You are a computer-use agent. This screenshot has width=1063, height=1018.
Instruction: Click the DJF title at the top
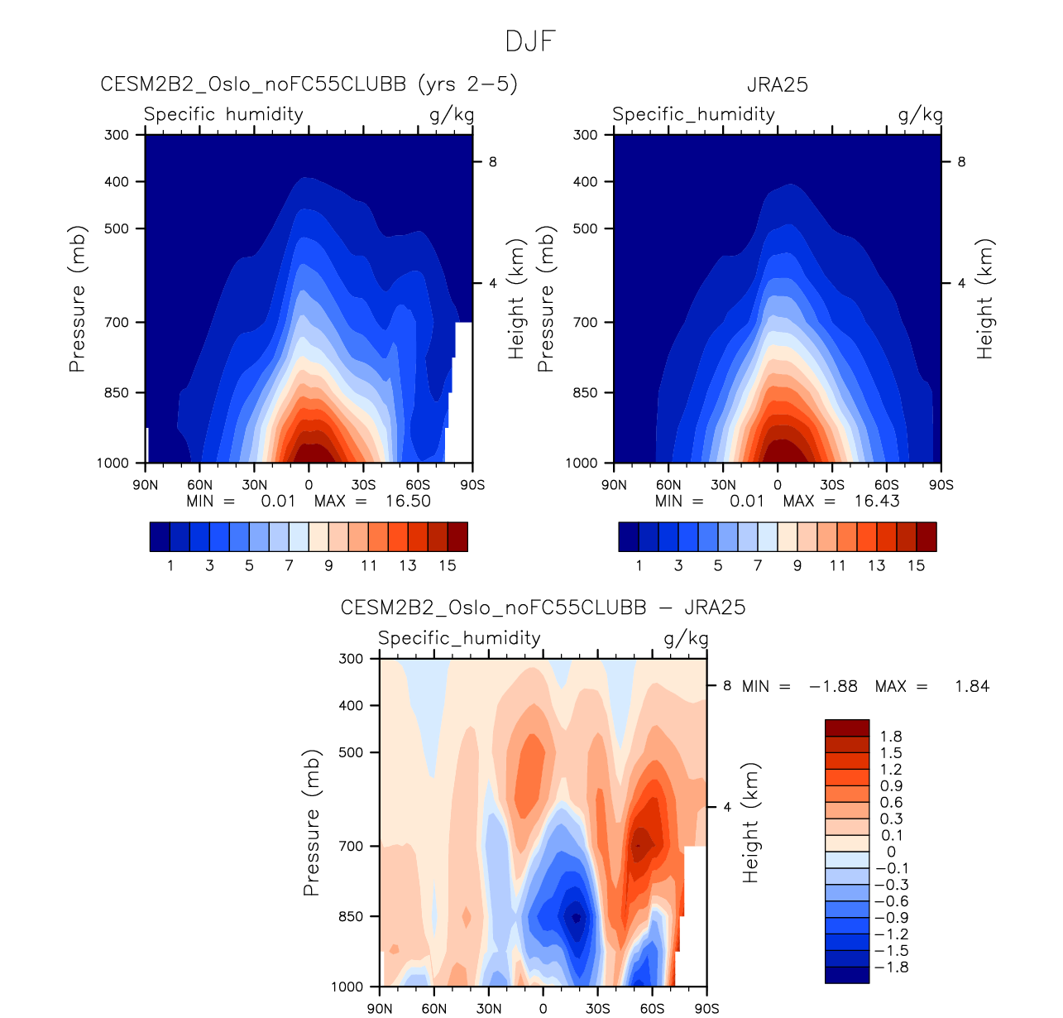[530, 41]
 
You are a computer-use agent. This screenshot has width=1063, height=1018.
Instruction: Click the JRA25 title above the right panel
[777, 84]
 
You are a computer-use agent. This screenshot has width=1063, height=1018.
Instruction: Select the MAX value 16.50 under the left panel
[408, 501]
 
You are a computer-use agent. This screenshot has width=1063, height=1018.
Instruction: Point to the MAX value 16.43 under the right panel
[877, 501]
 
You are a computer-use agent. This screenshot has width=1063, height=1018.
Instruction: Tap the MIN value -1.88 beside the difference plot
[833, 686]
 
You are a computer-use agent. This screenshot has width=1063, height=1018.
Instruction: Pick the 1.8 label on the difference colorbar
[891, 737]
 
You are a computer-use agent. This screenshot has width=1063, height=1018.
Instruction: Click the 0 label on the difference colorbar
[891, 852]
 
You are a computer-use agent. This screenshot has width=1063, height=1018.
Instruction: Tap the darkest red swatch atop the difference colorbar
[847, 728]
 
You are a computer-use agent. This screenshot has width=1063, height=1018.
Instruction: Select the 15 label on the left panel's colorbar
[448, 565]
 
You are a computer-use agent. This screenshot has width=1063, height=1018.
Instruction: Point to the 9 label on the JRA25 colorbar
[797, 565]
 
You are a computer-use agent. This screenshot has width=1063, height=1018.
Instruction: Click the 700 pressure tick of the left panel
[117, 322]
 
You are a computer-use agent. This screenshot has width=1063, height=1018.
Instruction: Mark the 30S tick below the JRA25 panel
[831, 485]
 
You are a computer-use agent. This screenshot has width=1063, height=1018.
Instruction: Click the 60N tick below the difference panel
[434, 1008]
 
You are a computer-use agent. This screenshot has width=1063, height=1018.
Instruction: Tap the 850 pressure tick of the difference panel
[352, 916]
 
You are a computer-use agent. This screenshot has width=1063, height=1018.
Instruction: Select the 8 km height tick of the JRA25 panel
[961, 162]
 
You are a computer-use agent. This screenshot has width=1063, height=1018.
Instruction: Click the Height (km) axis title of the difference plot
[749, 823]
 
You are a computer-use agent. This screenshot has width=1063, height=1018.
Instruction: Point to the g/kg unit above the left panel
[452, 114]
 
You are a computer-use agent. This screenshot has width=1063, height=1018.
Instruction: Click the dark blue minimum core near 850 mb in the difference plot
[576, 916]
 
